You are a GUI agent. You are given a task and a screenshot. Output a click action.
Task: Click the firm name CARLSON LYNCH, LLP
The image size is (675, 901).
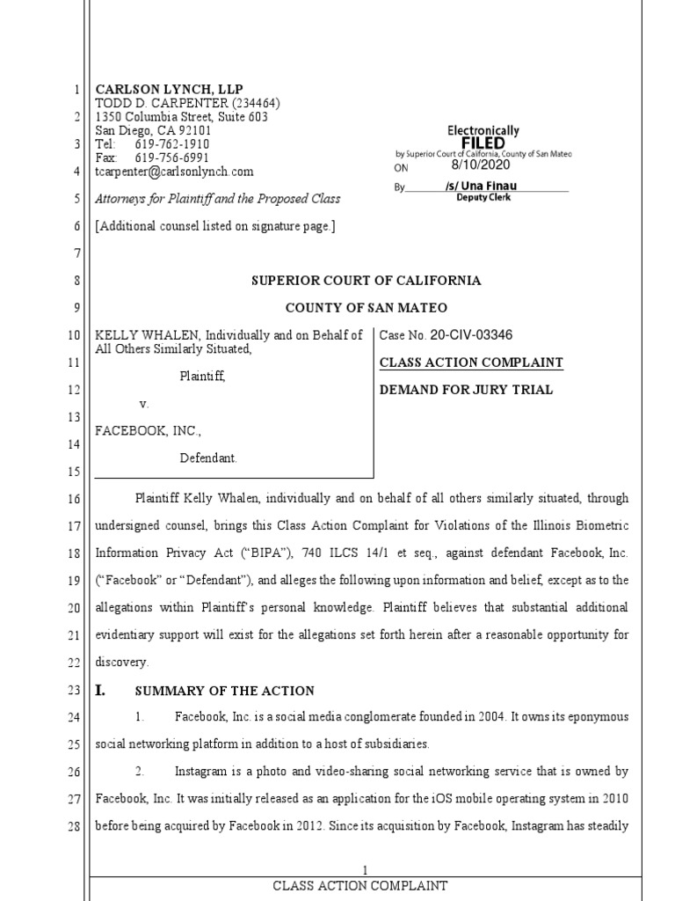(169, 90)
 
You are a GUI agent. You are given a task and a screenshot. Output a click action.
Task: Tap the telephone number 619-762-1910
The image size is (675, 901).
(172, 143)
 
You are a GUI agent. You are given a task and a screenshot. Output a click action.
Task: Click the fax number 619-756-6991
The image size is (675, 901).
(172, 157)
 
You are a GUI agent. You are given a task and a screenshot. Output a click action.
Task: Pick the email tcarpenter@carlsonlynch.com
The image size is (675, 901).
(174, 172)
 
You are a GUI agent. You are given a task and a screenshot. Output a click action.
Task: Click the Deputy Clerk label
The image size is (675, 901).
(483, 197)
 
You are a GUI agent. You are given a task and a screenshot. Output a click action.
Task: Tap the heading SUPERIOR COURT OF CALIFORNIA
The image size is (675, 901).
(367, 281)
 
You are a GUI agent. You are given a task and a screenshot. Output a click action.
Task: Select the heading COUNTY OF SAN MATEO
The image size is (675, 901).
(366, 308)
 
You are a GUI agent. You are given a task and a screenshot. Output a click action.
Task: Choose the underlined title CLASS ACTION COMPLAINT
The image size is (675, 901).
(471, 363)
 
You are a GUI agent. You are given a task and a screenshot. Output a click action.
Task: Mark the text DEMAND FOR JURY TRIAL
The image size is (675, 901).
(466, 390)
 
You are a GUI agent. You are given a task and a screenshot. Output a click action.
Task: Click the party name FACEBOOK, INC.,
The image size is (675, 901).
(149, 431)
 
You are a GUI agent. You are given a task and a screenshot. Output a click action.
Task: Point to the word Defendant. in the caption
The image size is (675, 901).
(208, 458)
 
